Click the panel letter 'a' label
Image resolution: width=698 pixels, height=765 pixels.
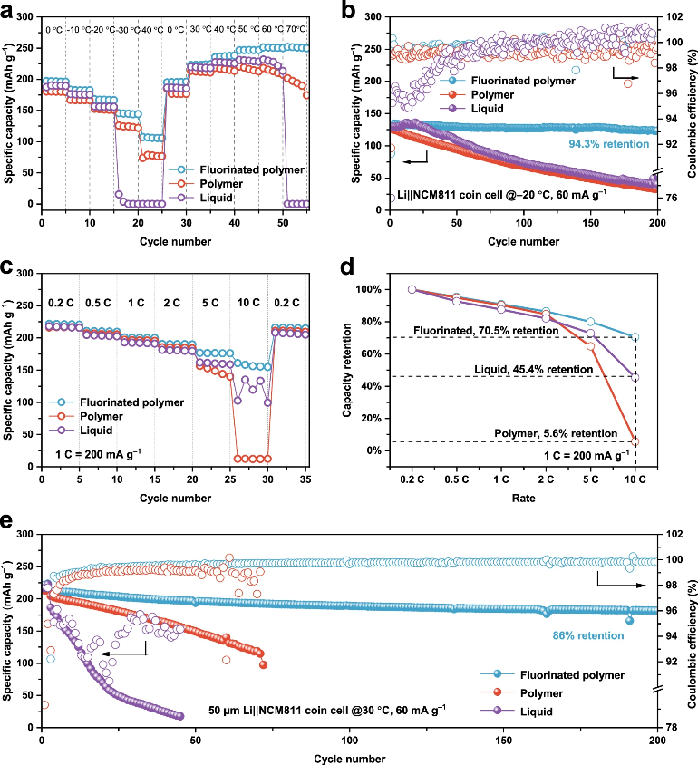[6, 11]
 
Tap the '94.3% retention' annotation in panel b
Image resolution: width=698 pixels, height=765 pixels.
[609, 144]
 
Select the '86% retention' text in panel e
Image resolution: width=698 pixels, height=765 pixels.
[587, 635]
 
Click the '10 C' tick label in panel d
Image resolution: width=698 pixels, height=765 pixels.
[635, 479]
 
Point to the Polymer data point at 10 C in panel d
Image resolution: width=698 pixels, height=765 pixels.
[635, 441]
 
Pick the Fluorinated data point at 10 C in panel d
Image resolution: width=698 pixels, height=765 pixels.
[635, 337]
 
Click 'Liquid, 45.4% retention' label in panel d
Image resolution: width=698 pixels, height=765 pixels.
[534, 369]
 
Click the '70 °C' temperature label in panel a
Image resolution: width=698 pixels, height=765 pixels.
[296, 29]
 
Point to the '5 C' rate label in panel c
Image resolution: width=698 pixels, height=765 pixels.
[210, 303]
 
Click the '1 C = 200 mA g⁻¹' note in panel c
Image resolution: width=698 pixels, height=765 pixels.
[98, 454]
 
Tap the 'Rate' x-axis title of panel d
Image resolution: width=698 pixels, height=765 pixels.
[523, 499]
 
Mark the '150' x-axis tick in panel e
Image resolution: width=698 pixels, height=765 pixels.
[503, 741]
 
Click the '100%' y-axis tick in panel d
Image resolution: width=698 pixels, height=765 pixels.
[368, 289]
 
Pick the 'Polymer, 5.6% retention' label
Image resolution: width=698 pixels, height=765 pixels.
[556, 433]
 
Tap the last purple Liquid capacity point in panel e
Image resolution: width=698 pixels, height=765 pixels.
[180, 716]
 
